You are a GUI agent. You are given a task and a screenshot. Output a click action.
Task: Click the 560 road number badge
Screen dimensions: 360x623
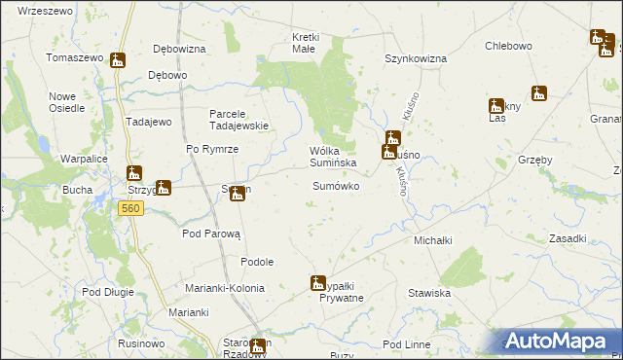[131, 208]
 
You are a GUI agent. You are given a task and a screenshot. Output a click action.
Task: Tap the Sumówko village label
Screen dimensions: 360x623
[336, 186]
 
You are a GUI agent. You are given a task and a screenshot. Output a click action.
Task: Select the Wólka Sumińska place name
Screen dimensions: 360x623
[332, 157]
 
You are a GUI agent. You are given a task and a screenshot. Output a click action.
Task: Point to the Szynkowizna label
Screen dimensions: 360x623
[415, 58]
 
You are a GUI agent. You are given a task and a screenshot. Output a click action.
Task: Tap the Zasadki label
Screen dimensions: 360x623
[567, 238]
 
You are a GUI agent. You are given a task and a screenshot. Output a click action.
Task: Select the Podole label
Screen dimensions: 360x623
[257, 262]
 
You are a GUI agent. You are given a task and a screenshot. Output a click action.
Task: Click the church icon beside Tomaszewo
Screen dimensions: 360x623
[118, 60]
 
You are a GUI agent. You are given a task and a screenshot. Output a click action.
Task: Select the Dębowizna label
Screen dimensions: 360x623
[179, 49]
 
